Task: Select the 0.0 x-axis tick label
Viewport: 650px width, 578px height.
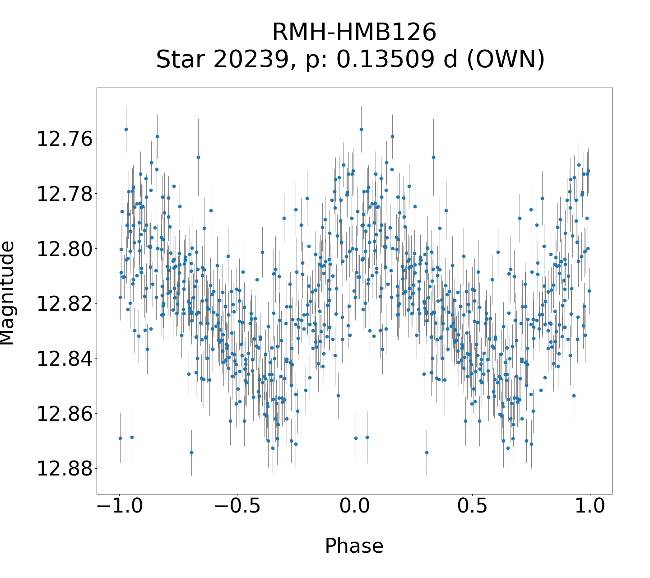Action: [x=355, y=506]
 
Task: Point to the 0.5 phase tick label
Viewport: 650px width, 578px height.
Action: [x=472, y=506]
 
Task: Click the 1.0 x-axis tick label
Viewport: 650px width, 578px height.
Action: [x=590, y=506]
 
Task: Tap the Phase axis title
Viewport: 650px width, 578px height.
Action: [x=354, y=546]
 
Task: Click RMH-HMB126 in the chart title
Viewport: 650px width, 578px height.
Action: [x=354, y=33]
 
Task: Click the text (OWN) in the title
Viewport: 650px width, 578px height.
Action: [x=506, y=60]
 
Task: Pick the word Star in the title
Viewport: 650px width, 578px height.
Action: [x=182, y=60]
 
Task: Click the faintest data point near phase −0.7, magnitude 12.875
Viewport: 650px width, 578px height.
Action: [x=191, y=452]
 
